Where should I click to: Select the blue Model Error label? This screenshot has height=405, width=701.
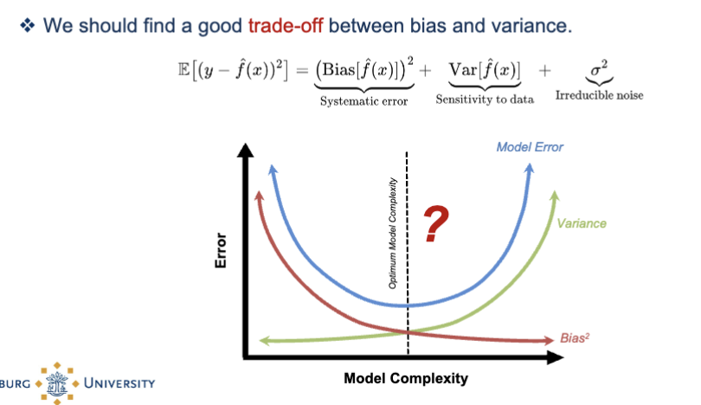click(x=529, y=147)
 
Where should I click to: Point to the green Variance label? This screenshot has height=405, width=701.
click(x=582, y=223)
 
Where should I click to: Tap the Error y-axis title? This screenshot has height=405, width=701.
click(x=220, y=251)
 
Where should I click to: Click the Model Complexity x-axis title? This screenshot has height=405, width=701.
click(x=405, y=379)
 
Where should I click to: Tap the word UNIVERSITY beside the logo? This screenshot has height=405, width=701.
click(x=119, y=382)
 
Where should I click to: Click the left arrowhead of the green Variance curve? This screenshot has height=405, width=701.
click(x=258, y=341)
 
